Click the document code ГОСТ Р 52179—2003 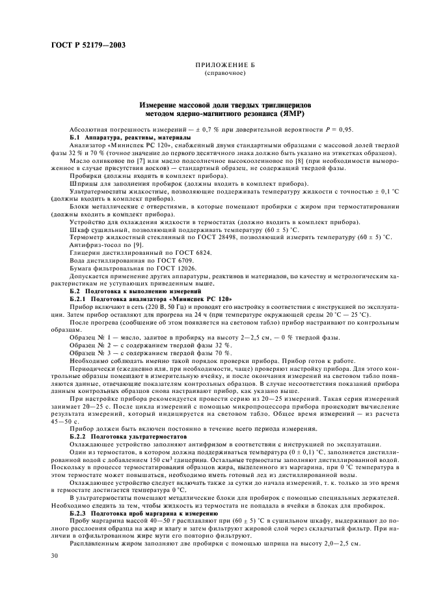point(85,45)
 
